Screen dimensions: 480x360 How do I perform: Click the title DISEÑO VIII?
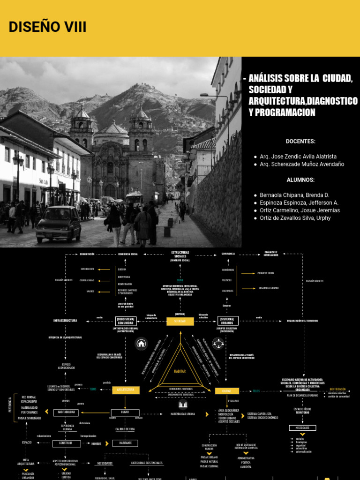pyautogui.click(x=47, y=27)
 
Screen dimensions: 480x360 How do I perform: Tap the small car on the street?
pyautogui.click(x=59, y=224)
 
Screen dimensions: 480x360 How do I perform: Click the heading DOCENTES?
pyautogui.click(x=300, y=141)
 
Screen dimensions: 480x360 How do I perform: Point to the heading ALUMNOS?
pyautogui.click(x=300, y=180)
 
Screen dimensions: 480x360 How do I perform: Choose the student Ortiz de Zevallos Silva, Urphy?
pyautogui.click(x=295, y=218)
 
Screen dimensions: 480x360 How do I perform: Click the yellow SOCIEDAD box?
pyautogui.click(x=180, y=321)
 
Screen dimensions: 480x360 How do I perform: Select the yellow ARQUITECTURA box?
pyautogui.click(x=126, y=390)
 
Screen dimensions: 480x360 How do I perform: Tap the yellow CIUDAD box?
pyautogui.click(x=227, y=390)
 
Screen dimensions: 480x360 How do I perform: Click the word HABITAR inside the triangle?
pyautogui.click(x=180, y=371)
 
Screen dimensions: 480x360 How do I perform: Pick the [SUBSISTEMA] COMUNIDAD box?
pyautogui.click(x=125, y=321)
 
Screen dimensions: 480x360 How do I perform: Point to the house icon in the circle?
pyautogui.click(x=141, y=344)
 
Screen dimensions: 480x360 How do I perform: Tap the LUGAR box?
pyautogui.click(x=125, y=412)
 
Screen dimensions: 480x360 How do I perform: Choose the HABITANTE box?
pyautogui.click(x=125, y=443)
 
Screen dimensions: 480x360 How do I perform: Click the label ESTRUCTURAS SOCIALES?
pyautogui.click(x=180, y=255)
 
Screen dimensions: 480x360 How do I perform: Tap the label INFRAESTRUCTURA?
pyautogui.click(x=65, y=321)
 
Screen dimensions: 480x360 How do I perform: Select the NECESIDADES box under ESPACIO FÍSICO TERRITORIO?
pyautogui.click(x=302, y=428)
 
